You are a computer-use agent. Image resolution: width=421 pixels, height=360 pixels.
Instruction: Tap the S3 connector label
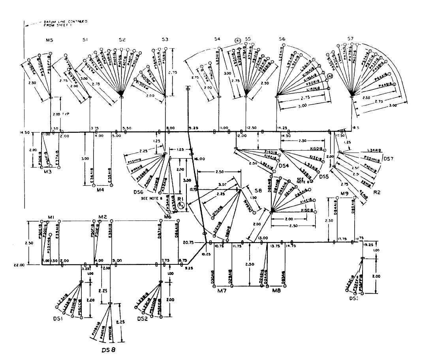165,40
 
